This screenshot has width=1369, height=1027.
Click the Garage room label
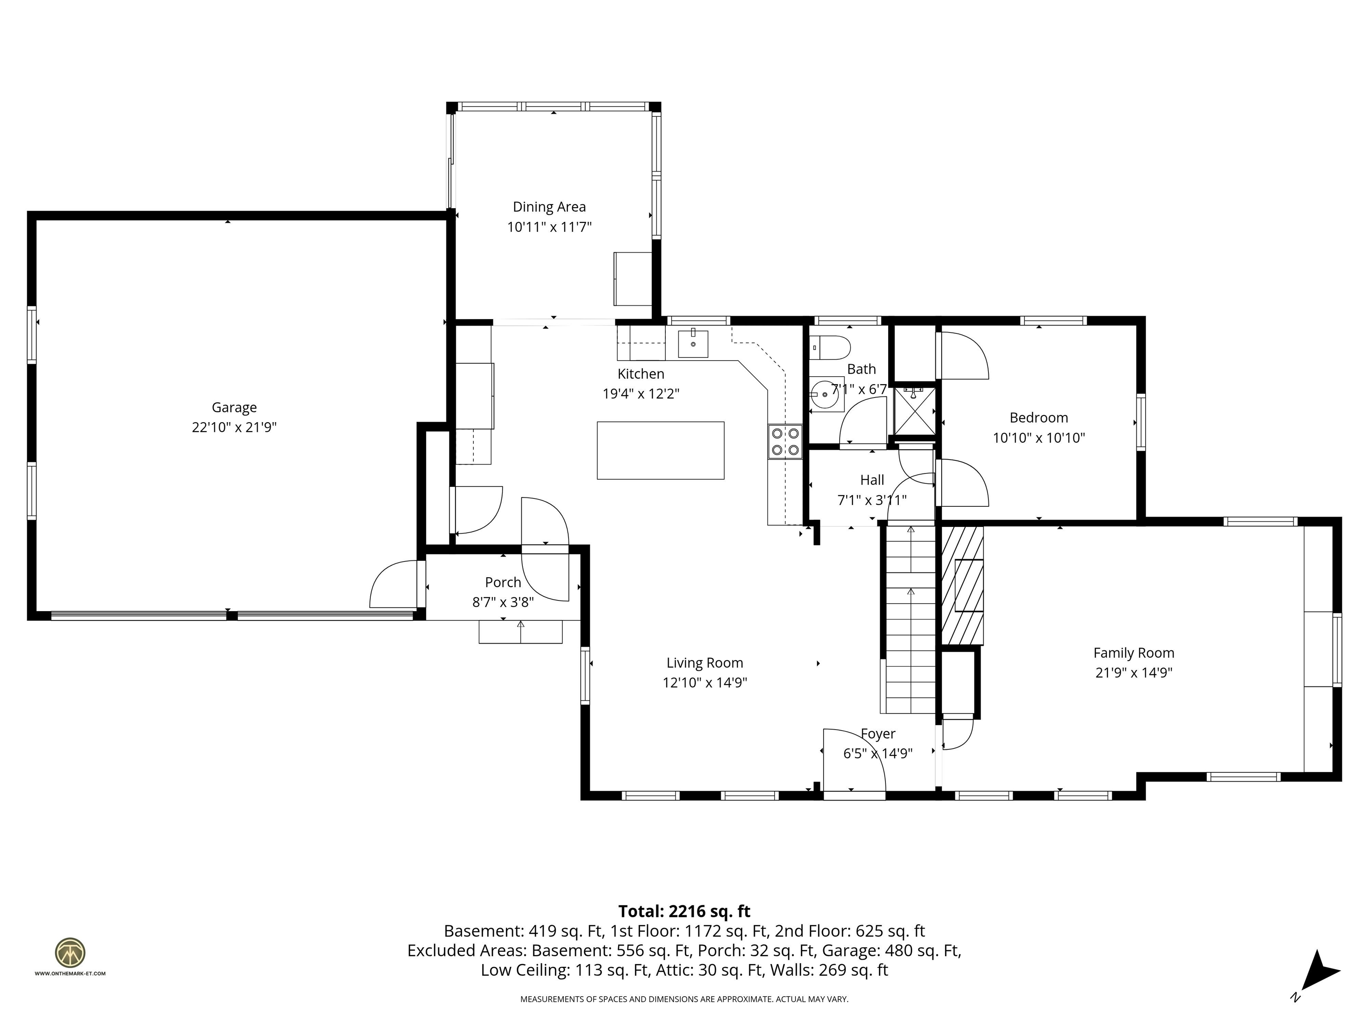(234, 407)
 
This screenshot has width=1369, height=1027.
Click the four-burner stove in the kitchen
(785, 441)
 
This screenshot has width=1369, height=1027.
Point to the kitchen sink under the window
(693, 344)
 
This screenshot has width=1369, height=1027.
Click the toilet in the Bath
(831, 348)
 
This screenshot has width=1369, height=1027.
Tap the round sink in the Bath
(826, 394)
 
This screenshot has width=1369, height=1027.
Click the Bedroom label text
(1038, 418)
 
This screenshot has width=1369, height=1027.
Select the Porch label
(503, 582)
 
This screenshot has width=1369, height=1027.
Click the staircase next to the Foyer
(910, 619)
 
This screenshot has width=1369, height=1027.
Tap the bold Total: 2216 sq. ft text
(684, 911)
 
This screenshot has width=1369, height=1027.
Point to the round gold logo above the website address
(70, 953)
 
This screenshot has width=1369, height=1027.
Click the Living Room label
(704, 663)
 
